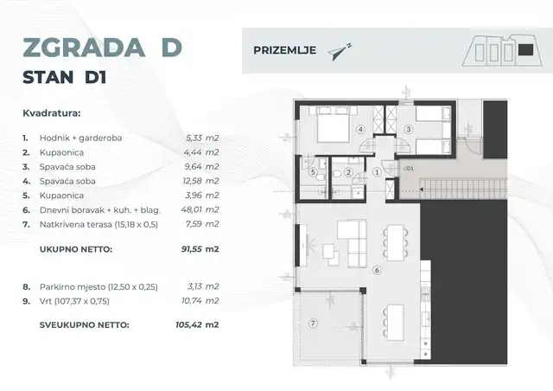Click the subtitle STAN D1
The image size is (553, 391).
click(x=64, y=79)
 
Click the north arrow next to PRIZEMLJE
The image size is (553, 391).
click(x=340, y=51)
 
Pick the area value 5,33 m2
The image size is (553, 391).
click(x=202, y=138)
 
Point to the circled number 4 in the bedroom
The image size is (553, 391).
click(x=363, y=130)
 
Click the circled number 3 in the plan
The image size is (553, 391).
click(x=409, y=130)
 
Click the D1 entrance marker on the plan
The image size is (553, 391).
click(x=410, y=169)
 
